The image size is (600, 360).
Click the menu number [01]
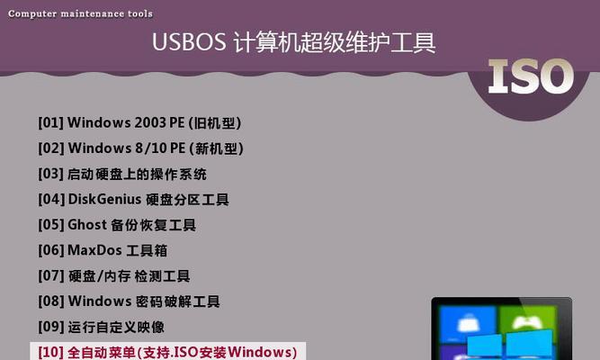point(51,123)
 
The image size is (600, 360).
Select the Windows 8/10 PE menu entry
point(141,148)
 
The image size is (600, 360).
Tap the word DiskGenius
point(104,200)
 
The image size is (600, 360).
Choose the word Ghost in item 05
point(87,225)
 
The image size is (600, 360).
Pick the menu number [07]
point(51,275)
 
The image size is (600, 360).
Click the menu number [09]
point(51,327)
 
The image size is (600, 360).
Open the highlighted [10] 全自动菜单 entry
point(167,352)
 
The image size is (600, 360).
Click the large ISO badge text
point(531,76)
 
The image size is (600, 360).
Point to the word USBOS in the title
point(189,41)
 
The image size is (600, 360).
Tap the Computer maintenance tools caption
point(80,13)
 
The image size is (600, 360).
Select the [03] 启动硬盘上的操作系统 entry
point(122,174)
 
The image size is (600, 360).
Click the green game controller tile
point(527,323)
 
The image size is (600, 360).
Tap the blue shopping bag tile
point(469,323)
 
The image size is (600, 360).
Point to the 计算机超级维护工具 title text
point(335,41)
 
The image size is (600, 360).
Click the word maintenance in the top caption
point(93,13)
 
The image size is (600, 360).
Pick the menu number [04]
point(51,200)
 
